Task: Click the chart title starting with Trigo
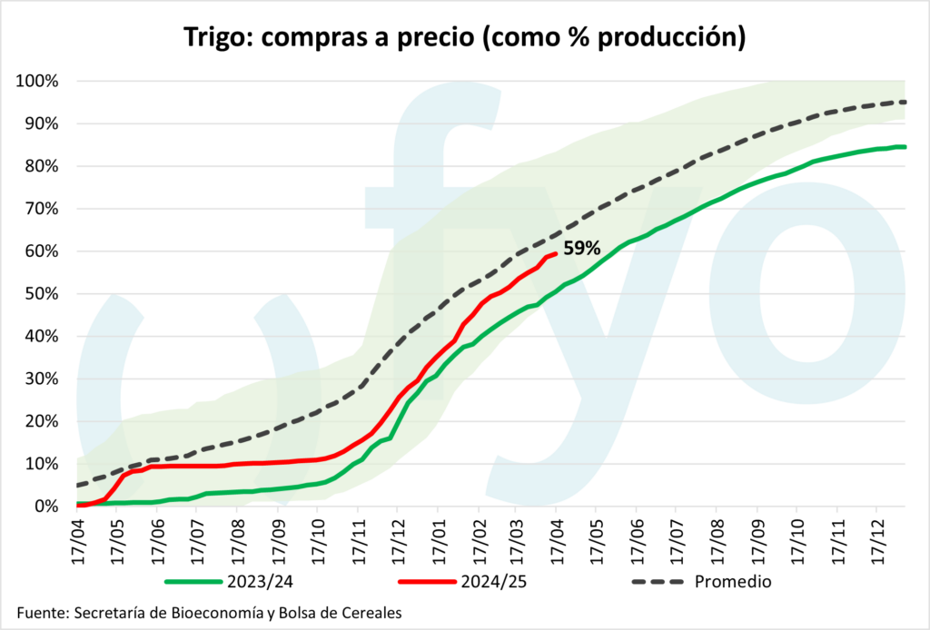(464, 37)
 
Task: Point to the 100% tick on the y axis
(37, 82)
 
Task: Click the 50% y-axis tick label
(41, 294)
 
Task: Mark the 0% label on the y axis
(45, 507)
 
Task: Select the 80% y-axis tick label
(41, 166)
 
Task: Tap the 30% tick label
(41, 379)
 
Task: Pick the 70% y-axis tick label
(41, 209)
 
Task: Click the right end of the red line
(556, 254)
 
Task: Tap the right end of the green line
(905, 147)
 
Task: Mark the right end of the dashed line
(905, 102)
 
